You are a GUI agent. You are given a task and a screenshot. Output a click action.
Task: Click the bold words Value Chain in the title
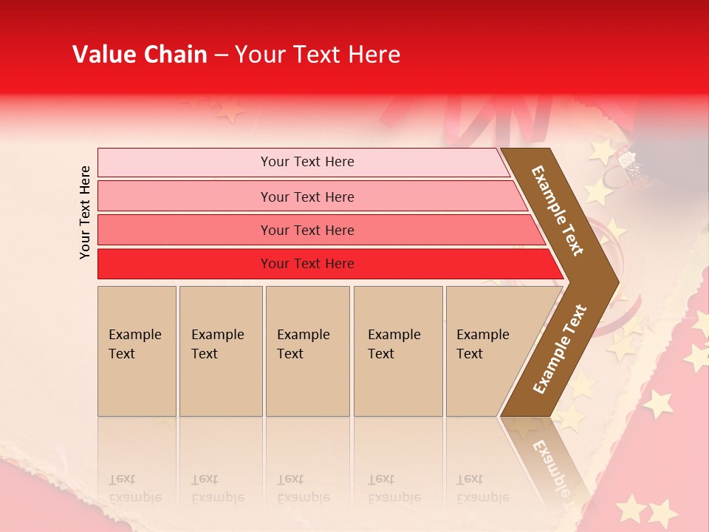[x=140, y=54]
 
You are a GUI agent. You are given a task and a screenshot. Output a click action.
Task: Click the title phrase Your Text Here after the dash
[x=318, y=54]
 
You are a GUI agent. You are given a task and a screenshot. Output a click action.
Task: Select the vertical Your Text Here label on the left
[x=85, y=212]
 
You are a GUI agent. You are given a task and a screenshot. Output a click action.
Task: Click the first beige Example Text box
[x=137, y=351]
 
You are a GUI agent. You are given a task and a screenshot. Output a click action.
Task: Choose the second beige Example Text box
[x=221, y=351]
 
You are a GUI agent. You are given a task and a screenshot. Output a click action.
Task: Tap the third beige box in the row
[x=307, y=351]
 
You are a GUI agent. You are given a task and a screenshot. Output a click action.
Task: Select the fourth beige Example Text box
[x=398, y=351]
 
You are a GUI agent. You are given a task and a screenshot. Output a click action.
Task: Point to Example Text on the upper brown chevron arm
[x=558, y=211]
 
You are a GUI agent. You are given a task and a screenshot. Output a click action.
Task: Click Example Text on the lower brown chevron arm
[x=560, y=349]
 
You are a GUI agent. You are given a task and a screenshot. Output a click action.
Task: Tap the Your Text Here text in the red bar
[x=307, y=264]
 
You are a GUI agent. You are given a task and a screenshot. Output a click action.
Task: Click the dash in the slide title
[x=221, y=55]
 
